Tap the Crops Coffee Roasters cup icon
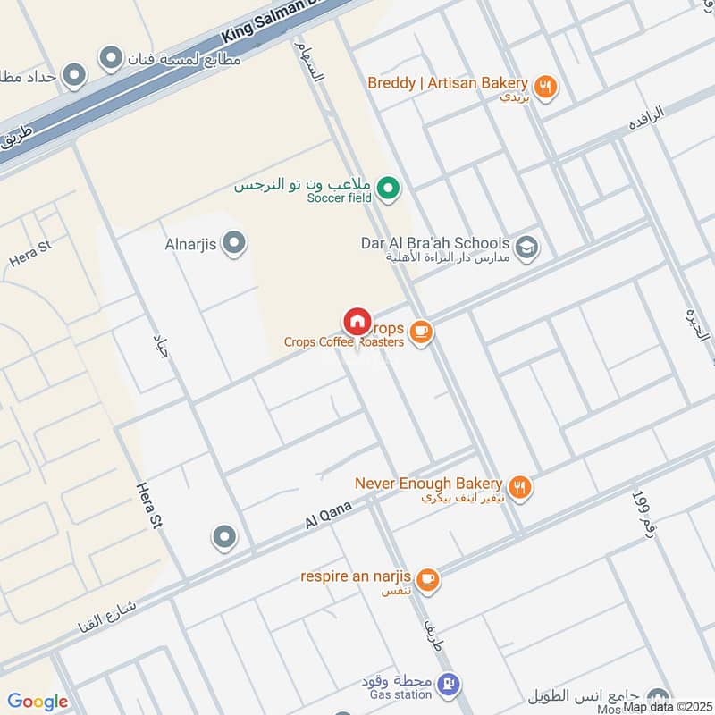point(422,333)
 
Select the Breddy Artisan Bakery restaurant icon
point(548,86)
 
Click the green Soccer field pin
point(388,188)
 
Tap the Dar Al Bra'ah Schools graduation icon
point(527,246)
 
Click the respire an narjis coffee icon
point(428,579)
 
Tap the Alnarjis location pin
point(234,243)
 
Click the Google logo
point(38,702)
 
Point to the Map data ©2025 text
point(668,707)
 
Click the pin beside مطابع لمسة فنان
point(111,59)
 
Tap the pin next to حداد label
point(75,75)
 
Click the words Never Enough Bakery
point(429,483)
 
